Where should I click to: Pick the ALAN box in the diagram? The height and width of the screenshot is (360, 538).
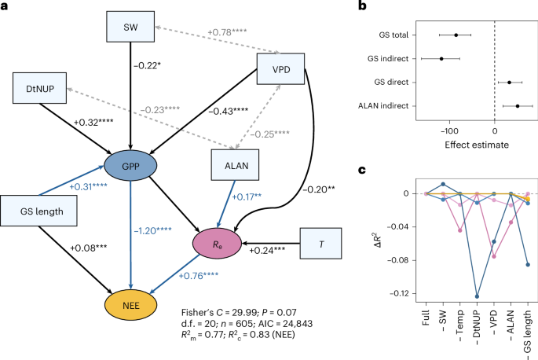point(237,165)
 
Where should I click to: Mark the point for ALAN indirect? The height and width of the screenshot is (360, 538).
point(517,105)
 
